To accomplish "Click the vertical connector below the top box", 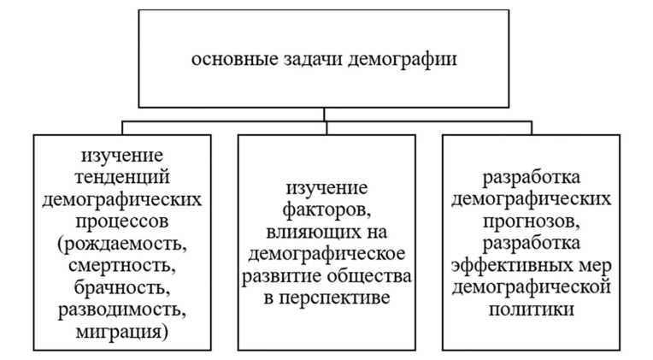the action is [x=325, y=114].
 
